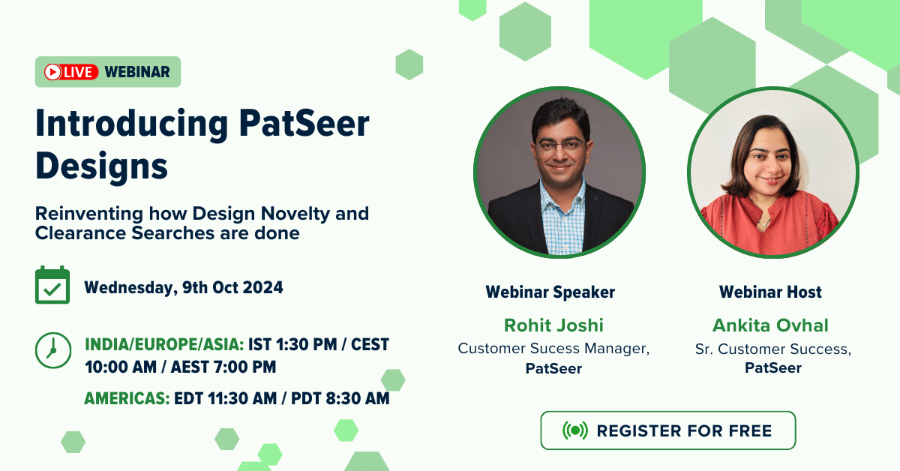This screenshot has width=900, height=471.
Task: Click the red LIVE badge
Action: pyautogui.click(x=71, y=72)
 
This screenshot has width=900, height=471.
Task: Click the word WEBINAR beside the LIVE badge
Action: pyautogui.click(x=137, y=72)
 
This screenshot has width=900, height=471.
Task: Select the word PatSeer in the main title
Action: pyautogui.click(x=304, y=123)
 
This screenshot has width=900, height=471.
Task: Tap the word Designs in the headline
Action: pyautogui.click(x=102, y=166)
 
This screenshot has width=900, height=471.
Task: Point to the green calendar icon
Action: pyautogui.click(x=52, y=285)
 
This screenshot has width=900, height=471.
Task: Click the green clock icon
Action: pyautogui.click(x=53, y=350)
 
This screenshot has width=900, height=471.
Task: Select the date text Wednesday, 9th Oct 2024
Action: pyautogui.click(x=184, y=288)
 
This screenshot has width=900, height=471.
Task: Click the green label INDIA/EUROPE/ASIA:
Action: pyautogui.click(x=164, y=344)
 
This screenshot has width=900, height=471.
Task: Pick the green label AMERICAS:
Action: pyautogui.click(x=127, y=398)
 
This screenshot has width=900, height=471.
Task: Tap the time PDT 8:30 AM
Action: pyautogui.click(x=340, y=398)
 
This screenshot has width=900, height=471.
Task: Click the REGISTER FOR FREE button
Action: pyautogui.click(x=667, y=430)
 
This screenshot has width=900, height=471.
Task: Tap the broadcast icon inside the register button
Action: pyautogui.click(x=575, y=430)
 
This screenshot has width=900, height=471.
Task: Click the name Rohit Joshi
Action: pyautogui.click(x=553, y=325)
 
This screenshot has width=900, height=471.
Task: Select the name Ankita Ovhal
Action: pyautogui.click(x=770, y=325)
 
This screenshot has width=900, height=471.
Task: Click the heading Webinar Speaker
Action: pyautogui.click(x=550, y=292)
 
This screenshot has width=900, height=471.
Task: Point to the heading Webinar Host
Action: pyautogui.click(x=770, y=292)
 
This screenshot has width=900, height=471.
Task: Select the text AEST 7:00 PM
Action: pyautogui.click(x=223, y=367)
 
